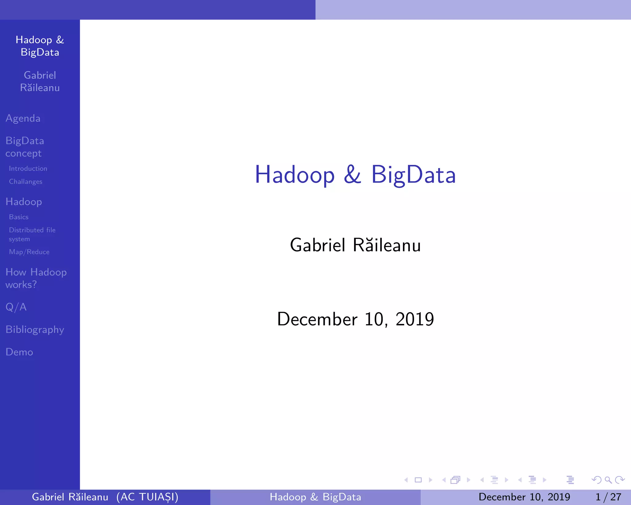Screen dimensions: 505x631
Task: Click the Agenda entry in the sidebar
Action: point(23,118)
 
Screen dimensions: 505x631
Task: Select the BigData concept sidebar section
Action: point(25,147)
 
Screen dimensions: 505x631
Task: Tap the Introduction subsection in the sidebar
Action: point(28,169)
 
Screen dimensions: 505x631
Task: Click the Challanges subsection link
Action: point(26,182)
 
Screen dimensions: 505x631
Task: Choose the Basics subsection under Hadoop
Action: point(19,217)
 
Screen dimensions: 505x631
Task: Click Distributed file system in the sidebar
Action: point(32,234)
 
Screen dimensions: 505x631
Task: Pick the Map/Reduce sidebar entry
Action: point(29,252)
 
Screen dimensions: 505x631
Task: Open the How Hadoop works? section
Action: point(36,278)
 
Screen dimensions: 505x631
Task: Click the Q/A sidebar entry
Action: point(16,307)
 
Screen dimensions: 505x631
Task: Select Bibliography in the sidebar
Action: point(35,330)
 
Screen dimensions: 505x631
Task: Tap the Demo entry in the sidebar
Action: point(19,352)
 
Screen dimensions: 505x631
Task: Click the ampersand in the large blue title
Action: point(352,174)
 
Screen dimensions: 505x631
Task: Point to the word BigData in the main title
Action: point(413,174)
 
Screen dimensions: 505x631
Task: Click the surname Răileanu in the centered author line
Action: point(387,245)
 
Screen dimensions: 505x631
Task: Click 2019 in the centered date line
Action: point(415,319)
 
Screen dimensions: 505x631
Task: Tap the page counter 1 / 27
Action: point(608,497)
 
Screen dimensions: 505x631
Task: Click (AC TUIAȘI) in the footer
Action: point(147,497)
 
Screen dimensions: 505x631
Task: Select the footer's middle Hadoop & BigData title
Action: point(315,497)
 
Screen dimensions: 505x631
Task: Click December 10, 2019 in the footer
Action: point(524,497)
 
